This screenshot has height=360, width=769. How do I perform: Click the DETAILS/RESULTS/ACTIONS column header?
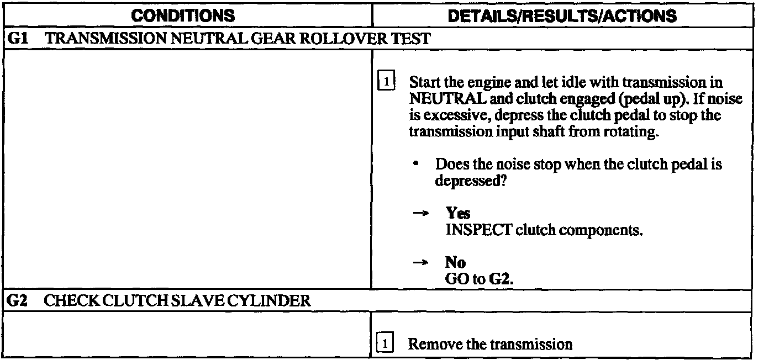click(562, 16)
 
